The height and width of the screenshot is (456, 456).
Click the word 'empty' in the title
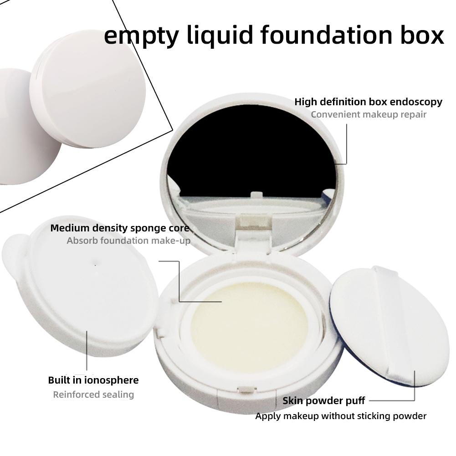coord(141,36)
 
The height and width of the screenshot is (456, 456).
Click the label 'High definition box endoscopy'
coord(368,102)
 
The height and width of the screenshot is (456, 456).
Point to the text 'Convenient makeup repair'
coord(369,114)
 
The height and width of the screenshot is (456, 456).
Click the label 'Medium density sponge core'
coord(120,228)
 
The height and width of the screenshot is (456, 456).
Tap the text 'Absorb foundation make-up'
coord(128,241)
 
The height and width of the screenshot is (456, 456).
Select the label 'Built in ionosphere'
coord(93,380)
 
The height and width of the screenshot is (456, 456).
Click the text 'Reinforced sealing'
coord(93,395)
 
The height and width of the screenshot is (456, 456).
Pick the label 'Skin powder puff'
coord(324,401)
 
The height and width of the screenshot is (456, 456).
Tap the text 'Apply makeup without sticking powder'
coord(341,416)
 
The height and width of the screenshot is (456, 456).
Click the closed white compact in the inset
coord(88,89)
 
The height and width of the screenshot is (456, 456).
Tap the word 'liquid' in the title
coord(220,36)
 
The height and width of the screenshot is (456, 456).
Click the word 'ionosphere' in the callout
coord(112,380)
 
